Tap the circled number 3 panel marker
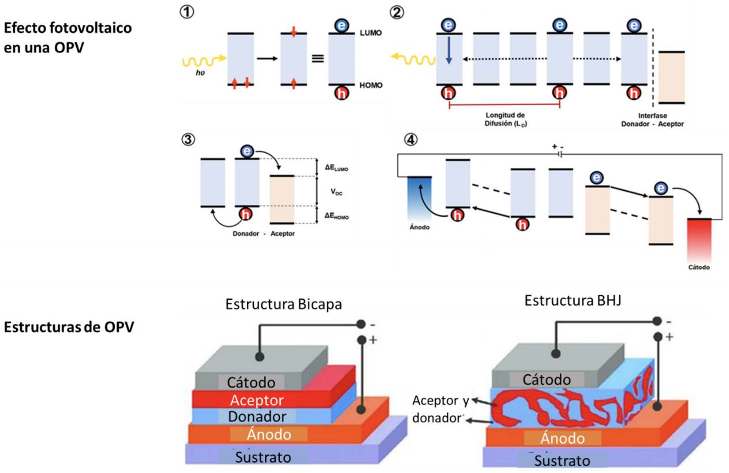pyautogui.click(x=187, y=140)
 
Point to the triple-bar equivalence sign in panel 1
pyautogui.click(x=315, y=58)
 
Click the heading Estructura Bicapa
pyautogui.click(x=283, y=304)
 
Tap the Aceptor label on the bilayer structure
pyautogui.click(x=256, y=400)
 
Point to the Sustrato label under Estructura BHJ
pyautogui.click(x=562, y=460)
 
